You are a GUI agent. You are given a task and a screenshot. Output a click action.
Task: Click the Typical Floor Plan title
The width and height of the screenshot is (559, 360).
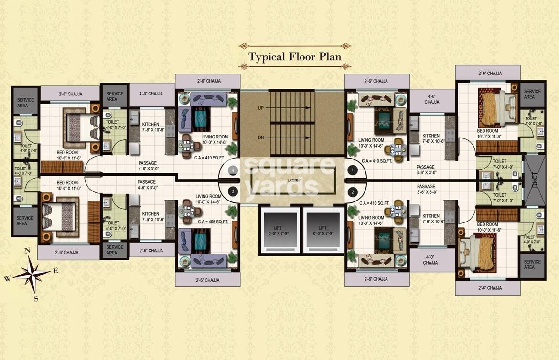pyautogui.click(x=295, y=56)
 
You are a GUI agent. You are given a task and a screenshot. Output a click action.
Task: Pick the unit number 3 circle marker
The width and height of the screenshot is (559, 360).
pyautogui.click(x=233, y=192)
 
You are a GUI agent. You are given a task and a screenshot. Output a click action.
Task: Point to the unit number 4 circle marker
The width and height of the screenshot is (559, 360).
pyautogui.click(x=233, y=169)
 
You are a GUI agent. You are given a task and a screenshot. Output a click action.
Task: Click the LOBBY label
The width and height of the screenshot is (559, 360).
pyautogui.click(x=293, y=180)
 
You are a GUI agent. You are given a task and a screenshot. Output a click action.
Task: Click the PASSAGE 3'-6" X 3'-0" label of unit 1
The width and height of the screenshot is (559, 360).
pyautogui.click(x=426, y=170)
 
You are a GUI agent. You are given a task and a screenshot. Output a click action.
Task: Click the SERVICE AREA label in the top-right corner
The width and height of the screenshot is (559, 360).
pyautogui.click(x=532, y=94)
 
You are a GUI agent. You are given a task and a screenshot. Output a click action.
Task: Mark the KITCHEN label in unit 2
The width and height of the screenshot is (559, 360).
pyautogui.click(x=430, y=219)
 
